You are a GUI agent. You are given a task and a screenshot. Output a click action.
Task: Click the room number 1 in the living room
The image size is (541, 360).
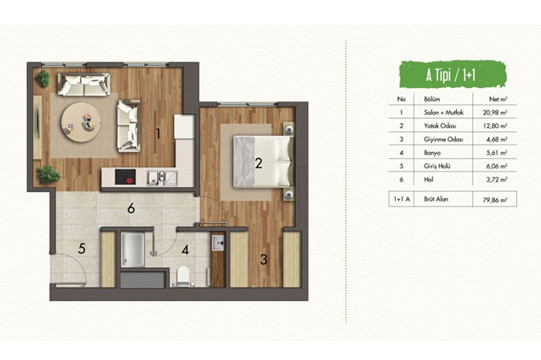(158, 134)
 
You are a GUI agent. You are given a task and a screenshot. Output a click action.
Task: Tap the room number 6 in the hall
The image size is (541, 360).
(131, 209)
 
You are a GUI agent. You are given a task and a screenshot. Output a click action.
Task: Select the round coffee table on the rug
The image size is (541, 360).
(81, 121)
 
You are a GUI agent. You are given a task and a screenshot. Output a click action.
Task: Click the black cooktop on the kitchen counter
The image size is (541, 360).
(125, 177)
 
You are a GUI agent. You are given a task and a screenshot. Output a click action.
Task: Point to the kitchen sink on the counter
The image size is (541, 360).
(162, 178)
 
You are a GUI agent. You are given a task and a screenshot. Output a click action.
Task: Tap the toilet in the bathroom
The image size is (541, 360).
(183, 277)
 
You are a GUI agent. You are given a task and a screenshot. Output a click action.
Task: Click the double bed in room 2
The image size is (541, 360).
(264, 162)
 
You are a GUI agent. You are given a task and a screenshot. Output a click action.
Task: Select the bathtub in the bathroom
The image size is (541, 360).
(132, 250)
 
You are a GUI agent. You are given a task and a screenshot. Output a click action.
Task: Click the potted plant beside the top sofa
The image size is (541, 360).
(43, 79)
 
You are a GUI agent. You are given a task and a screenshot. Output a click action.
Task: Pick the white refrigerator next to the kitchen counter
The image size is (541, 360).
(184, 126)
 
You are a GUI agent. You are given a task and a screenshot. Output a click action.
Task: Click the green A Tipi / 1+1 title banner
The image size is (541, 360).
(451, 75)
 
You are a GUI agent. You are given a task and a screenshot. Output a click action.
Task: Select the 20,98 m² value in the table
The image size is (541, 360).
(495, 113)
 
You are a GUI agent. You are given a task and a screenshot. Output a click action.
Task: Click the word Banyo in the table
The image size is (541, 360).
(432, 153)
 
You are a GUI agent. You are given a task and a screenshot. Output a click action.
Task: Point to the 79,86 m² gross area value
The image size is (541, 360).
(495, 200)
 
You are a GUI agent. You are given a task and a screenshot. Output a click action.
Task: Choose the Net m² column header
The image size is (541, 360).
(498, 100)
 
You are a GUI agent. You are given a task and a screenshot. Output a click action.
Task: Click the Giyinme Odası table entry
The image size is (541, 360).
(444, 140)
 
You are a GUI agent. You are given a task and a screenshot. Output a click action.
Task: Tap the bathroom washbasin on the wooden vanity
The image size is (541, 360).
(218, 243)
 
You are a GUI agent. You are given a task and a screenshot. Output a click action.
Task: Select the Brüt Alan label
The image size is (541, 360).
(436, 199)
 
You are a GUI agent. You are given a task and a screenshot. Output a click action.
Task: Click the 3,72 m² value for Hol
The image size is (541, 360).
(496, 180)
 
